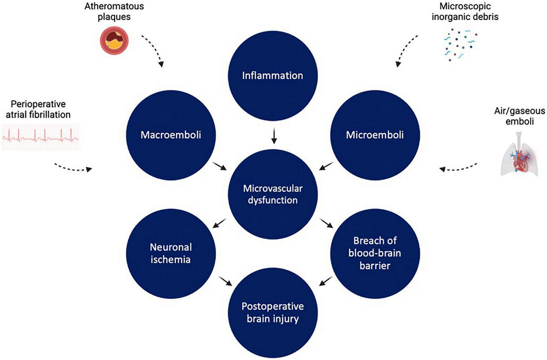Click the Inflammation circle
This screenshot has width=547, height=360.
[273, 76]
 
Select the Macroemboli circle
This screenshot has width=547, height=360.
[171, 135]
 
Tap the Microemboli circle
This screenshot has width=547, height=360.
[375, 135]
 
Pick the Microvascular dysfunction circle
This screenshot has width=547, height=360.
[273, 194]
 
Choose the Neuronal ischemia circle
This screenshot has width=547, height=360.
[171, 253]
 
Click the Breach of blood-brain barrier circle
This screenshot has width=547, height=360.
[375, 253]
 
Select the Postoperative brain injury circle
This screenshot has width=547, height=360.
[273, 312]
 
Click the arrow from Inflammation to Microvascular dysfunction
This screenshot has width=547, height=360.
[274, 136]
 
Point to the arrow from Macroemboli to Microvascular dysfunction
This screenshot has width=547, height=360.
[219, 166]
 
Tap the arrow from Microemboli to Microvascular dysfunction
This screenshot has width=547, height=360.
[326, 166]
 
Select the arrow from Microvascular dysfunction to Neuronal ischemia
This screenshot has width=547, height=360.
[219, 223]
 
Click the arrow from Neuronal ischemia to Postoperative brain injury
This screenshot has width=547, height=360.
[225, 281]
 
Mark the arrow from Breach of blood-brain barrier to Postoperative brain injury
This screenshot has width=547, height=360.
[326, 281]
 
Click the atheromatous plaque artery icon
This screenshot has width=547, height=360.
[114, 41]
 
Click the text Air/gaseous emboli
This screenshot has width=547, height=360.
[520, 116]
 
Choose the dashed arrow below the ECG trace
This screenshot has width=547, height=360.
[73, 168]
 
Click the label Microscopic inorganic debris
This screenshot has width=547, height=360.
[465, 11]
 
